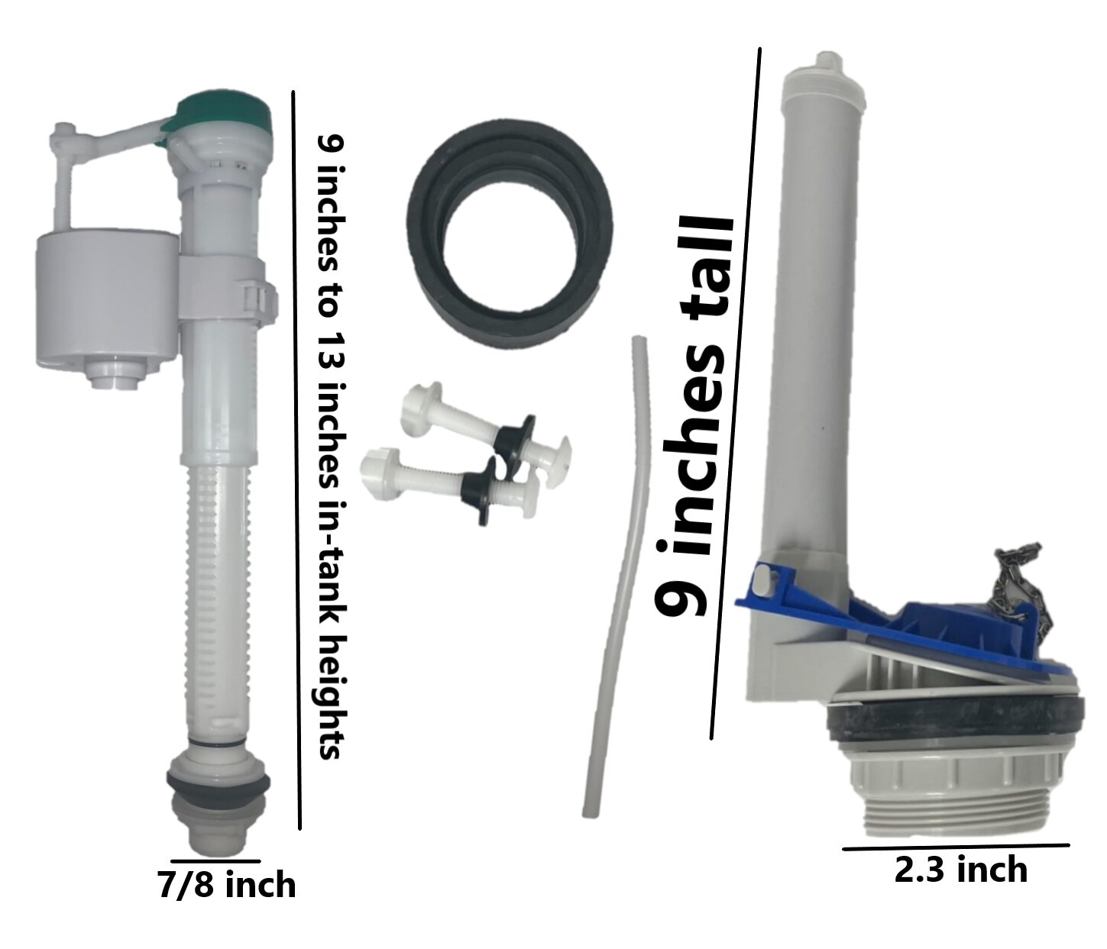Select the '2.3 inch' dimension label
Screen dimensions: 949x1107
(x=960, y=870)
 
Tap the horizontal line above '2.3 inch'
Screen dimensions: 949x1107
(x=956, y=846)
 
